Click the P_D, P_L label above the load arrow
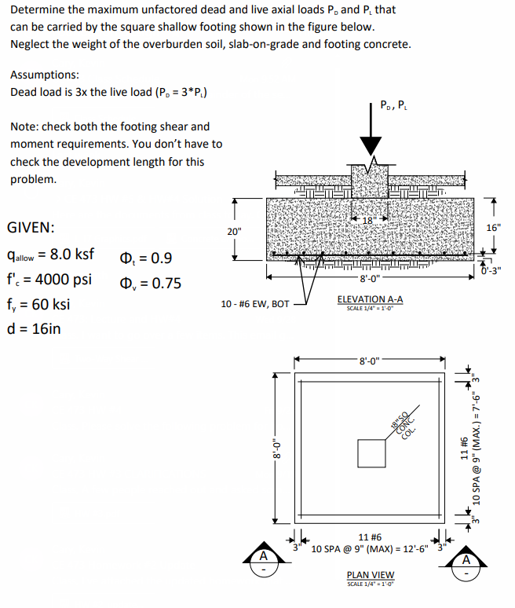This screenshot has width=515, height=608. [393, 104]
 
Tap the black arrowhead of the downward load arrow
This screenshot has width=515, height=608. [370, 147]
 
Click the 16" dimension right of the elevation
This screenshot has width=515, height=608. [493, 228]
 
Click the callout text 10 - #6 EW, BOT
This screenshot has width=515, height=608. [256, 303]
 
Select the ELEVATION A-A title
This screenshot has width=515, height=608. [371, 299]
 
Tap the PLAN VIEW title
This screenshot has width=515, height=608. [371, 575]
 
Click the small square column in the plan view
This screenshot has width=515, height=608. [370, 452]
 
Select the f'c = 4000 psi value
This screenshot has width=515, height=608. [49, 280]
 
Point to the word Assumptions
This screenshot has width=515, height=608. [44, 75]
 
